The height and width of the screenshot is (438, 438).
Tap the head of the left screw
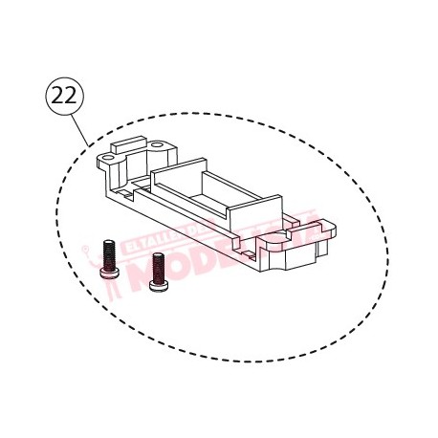pos(108,271)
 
